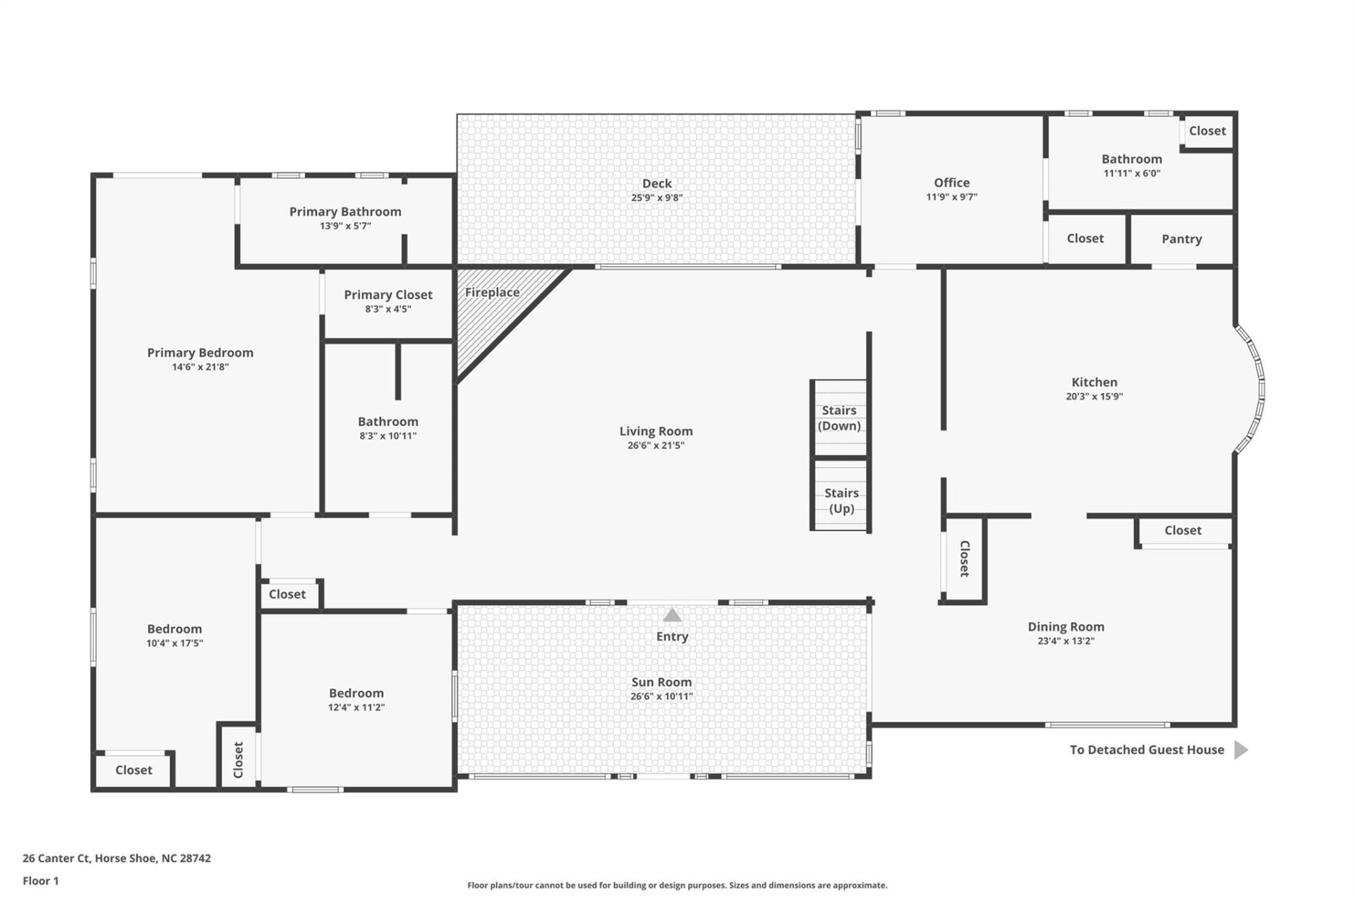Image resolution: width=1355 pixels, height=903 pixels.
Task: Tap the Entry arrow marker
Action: coord(672,615)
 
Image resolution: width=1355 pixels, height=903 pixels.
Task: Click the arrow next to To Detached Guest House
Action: coord(1241,749)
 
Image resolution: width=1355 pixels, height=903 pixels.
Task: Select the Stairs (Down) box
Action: coord(839,418)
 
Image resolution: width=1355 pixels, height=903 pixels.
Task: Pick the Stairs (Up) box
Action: coord(841,500)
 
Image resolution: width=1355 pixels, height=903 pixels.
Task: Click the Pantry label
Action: coord(1181,239)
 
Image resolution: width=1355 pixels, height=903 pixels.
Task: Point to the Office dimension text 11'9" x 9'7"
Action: coord(951,198)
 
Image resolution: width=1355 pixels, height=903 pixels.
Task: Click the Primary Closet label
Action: coord(387,295)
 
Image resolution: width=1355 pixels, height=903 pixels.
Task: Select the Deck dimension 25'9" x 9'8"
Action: coord(656,198)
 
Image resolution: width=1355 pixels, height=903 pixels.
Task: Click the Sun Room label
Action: coord(661,682)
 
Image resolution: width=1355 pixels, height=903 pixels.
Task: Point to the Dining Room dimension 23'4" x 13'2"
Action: coord(1066,641)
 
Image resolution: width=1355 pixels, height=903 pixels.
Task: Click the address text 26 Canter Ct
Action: coord(116,859)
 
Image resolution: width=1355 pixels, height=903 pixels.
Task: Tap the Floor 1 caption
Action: coord(40,881)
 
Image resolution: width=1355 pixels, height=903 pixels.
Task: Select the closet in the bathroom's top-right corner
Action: coord(1207,131)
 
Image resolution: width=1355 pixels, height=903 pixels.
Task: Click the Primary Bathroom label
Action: coord(345,212)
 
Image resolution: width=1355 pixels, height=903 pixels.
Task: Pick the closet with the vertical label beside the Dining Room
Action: coord(963,558)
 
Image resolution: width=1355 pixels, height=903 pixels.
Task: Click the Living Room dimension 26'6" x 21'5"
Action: coord(656,446)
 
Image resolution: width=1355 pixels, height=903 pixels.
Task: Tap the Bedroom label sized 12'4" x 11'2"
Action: coord(356,693)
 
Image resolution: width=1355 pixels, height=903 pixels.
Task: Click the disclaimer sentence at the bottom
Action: coord(677,885)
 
